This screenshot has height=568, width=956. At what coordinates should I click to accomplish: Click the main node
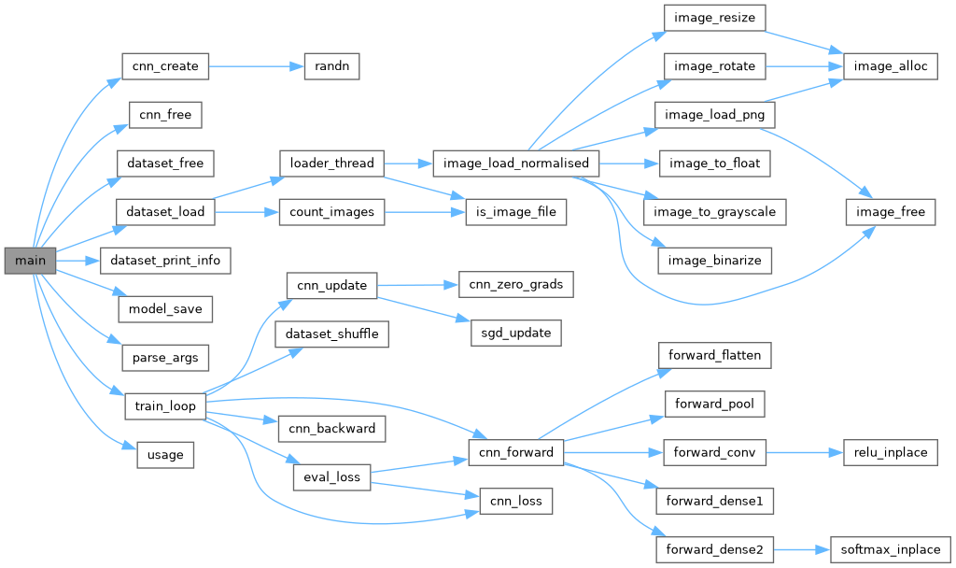coord(30,260)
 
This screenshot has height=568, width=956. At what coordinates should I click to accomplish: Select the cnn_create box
coord(165,66)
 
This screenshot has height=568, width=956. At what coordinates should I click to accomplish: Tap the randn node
coord(331,66)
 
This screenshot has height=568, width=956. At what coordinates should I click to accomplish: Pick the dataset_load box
coord(164,212)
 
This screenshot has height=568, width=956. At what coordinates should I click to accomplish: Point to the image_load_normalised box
coord(514,163)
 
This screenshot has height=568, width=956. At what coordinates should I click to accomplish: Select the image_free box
coord(891,212)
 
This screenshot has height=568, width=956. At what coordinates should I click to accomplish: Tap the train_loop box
coord(164,406)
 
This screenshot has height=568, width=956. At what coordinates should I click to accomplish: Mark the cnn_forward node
coord(515,453)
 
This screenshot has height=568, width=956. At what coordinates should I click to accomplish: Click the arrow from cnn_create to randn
coord(257,66)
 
